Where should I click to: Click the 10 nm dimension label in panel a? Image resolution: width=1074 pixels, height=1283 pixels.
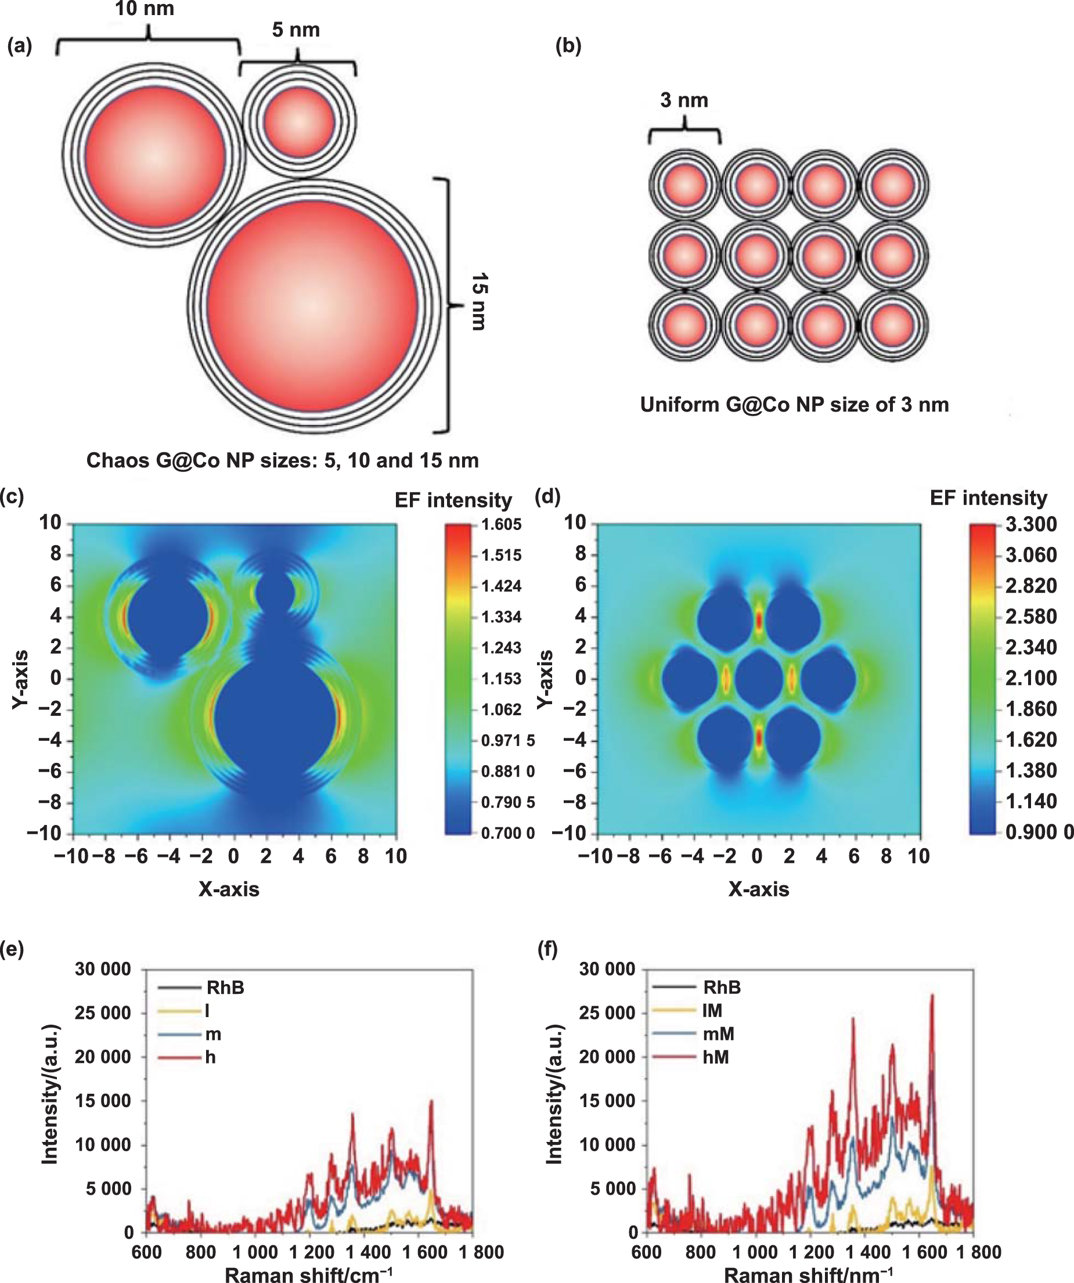pyautogui.click(x=144, y=9)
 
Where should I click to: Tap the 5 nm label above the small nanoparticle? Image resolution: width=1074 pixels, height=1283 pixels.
pyautogui.click(x=295, y=30)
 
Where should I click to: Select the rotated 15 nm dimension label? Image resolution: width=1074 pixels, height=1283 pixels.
pyautogui.click(x=480, y=302)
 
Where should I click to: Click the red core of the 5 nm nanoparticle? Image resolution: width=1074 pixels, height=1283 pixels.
pyautogui.click(x=300, y=121)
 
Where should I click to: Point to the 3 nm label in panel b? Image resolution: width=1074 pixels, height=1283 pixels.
pyautogui.click(x=684, y=100)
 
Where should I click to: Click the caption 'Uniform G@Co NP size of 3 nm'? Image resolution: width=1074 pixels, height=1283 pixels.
pyautogui.click(x=794, y=405)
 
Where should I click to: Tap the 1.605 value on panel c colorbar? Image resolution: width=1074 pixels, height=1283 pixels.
pyautogui.click(x=501, y=524)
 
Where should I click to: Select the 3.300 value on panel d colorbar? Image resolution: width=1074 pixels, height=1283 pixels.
pyautogui.click(x=1030, y=524)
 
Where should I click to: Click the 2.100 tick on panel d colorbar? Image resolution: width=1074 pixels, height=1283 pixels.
pyautogui.click(x=1030, y=677)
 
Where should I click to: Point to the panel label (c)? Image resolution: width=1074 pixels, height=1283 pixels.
pyautogui.click(x=12, y=496)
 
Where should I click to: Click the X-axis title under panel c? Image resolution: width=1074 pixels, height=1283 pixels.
pyautogui.click(x=229, y=889)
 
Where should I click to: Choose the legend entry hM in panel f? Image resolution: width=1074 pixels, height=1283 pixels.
pyautogui.click(x=715, y=1057)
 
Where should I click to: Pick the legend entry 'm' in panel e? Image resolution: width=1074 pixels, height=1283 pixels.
pyautogui.click(x=212, y=1034)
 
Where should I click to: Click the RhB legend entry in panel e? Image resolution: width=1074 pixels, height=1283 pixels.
pyautogui.click(x=225, y=988)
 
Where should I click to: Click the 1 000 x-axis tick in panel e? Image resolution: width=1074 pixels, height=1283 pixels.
pyautogui.click(x=255, y=1252)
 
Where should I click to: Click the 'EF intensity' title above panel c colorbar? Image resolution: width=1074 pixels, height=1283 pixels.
pyautogui.click(x=453, y=500)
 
